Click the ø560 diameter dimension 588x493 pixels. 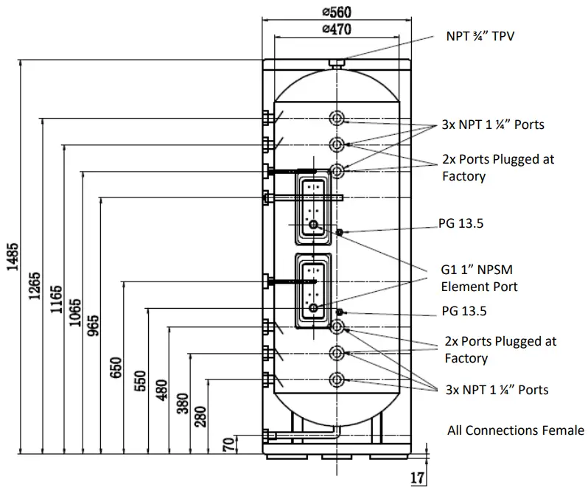tap(335, 12)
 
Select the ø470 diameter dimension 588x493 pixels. tap(335, 29)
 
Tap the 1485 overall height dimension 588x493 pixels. tap(13, 258)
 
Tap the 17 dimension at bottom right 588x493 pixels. tap(417, 478)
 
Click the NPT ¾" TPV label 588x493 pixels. tap(480, 35)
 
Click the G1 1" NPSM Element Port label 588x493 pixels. tap(479, 279)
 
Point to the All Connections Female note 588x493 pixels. tap(516, 430)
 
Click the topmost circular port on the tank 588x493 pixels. tap(337, 119)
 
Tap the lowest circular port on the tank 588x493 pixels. tap(337, 380)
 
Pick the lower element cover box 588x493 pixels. tap(314, 291)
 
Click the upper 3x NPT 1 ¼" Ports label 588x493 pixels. tap(493, 125)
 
